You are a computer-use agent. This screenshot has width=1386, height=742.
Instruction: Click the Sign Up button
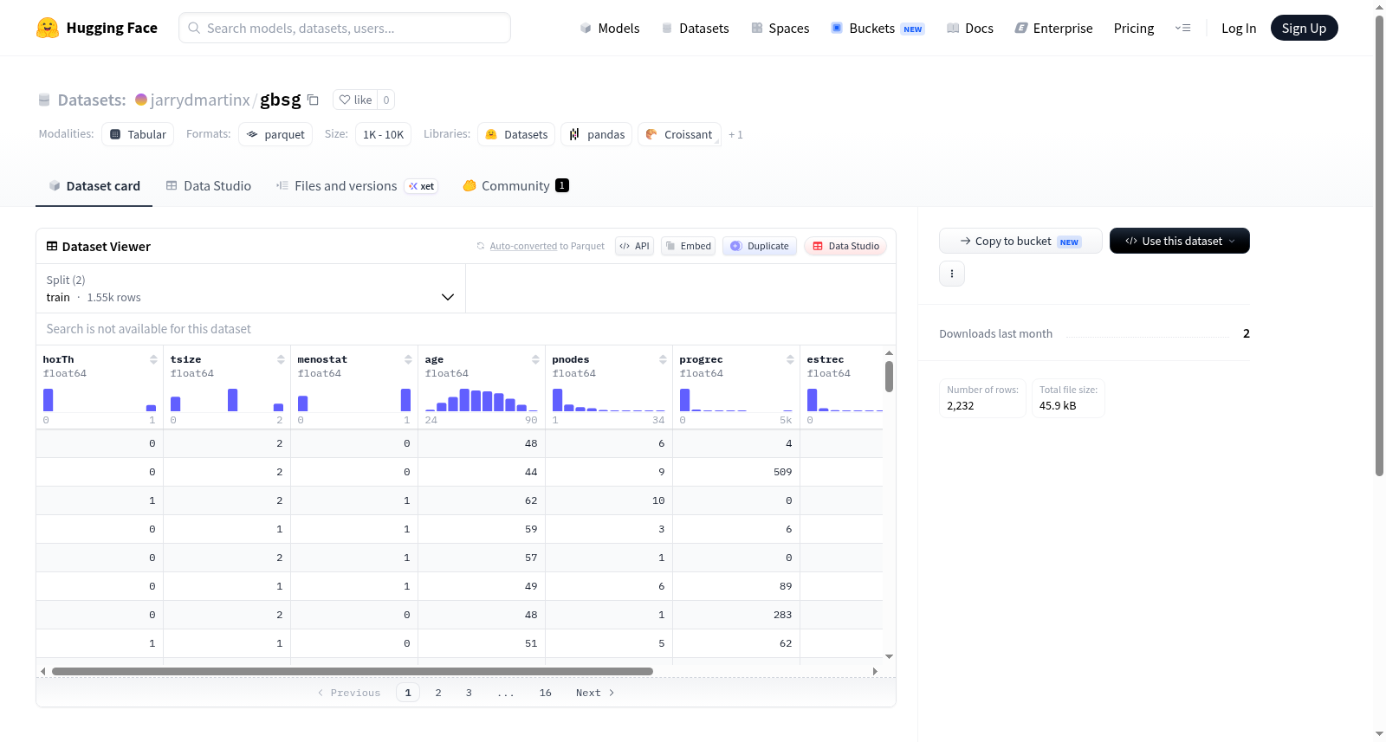click(x=1304, y=28)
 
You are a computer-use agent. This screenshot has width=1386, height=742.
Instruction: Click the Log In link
click(x=1238, y=28)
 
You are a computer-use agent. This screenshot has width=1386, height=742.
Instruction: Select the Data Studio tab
click(x=209, y=185)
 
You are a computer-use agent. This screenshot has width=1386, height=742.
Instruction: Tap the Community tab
click(x=515, y=185)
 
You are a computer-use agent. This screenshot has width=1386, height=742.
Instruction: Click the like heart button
click(x=356, y=100)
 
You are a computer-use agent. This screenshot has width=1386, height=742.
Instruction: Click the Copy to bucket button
click(x=1020, y=241)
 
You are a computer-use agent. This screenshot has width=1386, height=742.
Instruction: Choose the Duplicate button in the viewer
click(x=759, y=246)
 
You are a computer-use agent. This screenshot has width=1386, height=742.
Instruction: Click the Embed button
click(x=688, y=246)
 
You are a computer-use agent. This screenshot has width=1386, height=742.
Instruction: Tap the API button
click(x=634, y=246)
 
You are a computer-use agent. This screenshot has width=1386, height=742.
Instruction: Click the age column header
click(x=434, y=359)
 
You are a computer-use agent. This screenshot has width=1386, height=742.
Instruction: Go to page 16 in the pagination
click(x=545, y=693)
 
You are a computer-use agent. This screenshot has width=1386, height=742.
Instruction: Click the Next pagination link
click(x=594, y=693)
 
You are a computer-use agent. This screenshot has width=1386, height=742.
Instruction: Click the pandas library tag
click(x=597, y=134)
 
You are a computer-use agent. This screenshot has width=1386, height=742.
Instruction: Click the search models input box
click(x=345, y=28)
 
